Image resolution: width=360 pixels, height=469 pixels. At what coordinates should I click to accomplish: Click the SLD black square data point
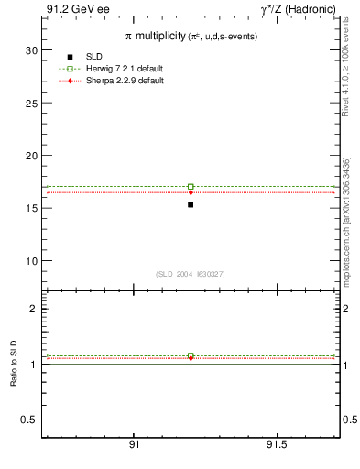pyautogui.click(x=191, y=204)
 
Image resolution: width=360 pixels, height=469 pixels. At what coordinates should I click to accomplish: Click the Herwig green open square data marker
pyautogui.click(x=191, y=186)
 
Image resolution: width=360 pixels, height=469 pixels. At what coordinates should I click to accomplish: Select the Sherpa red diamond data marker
pyautogui.click(x=191, y=192)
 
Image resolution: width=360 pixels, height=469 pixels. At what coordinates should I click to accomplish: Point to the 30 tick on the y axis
pyautogui.click(x=33, y=50)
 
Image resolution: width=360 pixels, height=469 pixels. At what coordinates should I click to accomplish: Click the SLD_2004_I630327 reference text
pyautogui.click(x=191, y=274)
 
